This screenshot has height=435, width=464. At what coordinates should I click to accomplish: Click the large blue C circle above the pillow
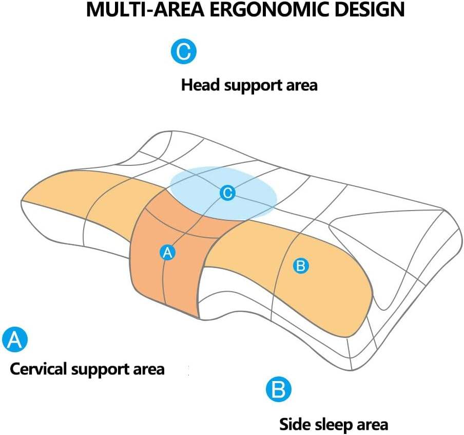tap(183, 51)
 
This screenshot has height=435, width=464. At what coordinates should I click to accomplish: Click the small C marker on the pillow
tap(227, 193)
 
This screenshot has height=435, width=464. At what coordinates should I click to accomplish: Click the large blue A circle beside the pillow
tap(15, 339)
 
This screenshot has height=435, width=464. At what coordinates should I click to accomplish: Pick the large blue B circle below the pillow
tap(279, 390)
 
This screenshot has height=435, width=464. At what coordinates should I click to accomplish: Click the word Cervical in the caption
tap(37, 369)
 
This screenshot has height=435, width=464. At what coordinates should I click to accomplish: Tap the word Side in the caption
tap(293, 425)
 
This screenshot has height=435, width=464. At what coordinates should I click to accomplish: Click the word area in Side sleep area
tap(374, 425)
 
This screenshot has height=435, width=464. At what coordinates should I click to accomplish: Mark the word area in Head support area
tap(303, 85)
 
